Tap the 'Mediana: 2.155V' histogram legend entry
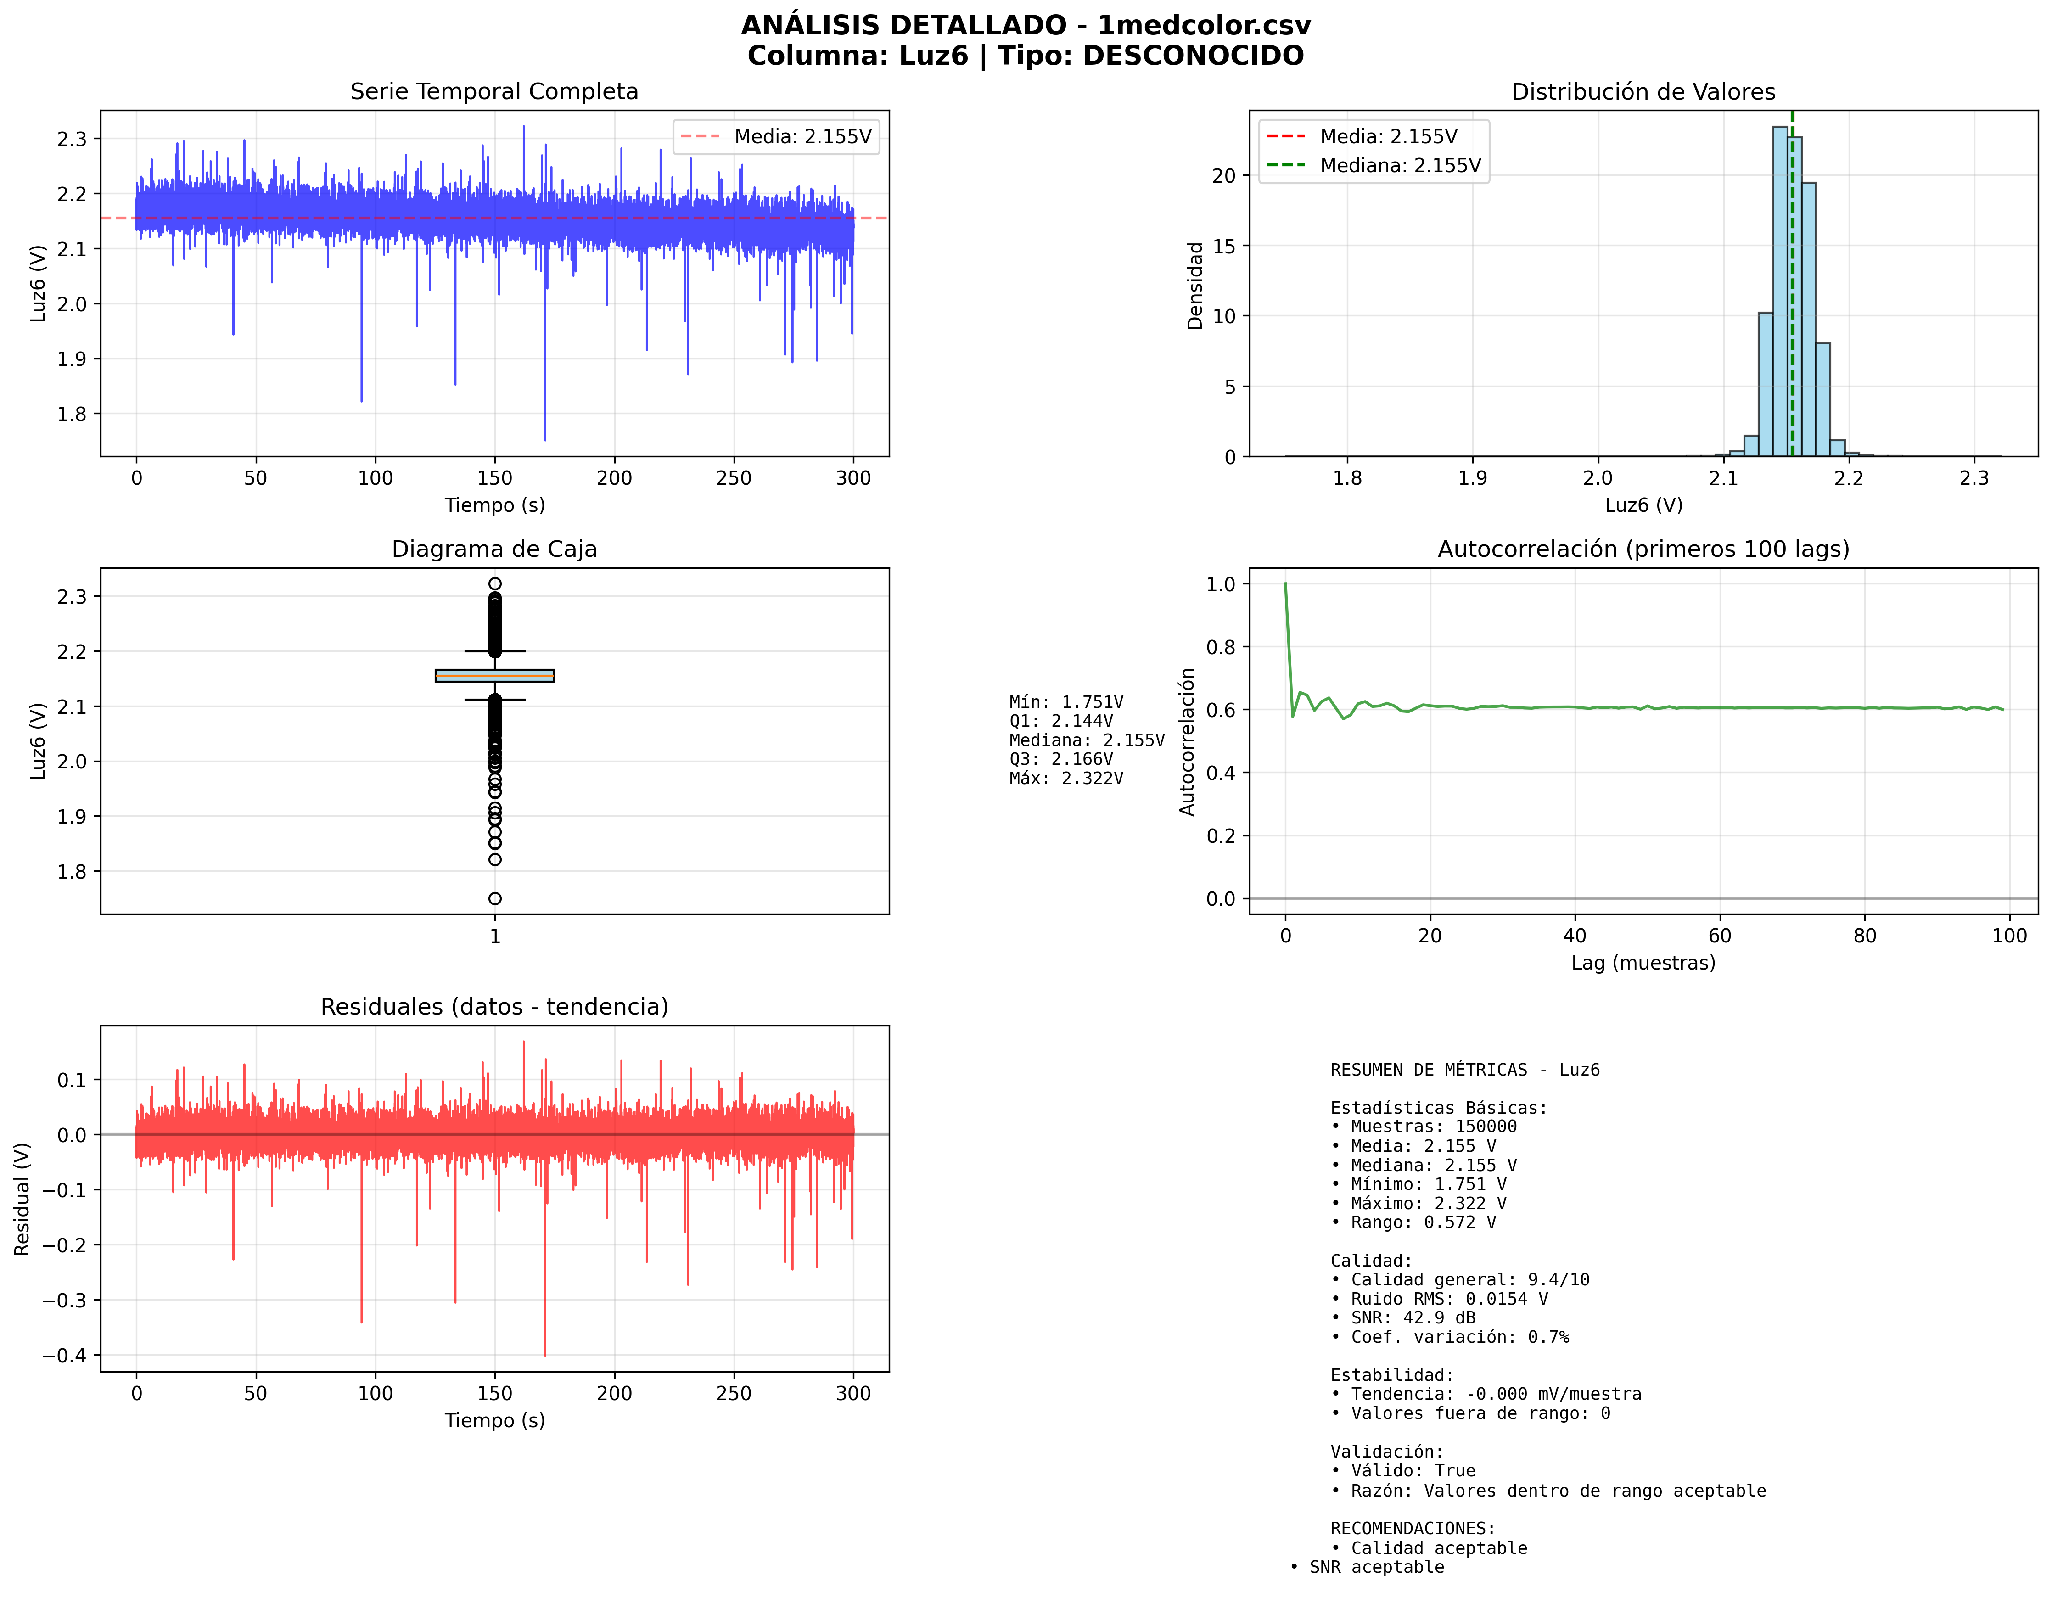click(x=1399, y=166)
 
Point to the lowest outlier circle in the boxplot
click(x=494, y=899)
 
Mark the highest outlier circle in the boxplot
click(x=494, y=584)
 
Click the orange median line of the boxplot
click(x=494, y=675)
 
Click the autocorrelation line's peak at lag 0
click(x=1285, y=585)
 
